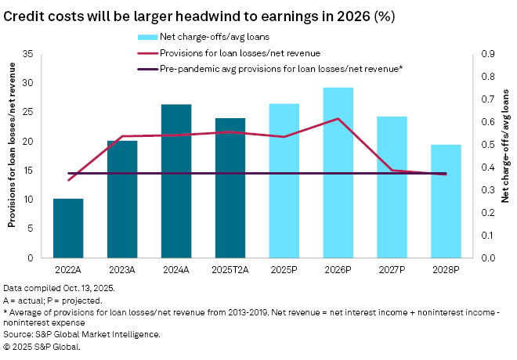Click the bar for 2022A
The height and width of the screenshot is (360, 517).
pos(68,228)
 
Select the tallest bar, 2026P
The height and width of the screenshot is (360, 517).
pos(338,172)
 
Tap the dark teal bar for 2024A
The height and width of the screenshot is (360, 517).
pos(176,181)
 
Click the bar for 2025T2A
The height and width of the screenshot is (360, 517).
pos(230,188)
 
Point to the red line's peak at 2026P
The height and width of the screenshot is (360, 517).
pos(338,119)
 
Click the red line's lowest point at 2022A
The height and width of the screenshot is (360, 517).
pos(68,180)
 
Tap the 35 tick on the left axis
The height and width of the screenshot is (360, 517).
pos(28,54)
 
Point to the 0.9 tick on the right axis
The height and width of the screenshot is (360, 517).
pos(487,54)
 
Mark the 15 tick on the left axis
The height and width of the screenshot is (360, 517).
pos(28,171)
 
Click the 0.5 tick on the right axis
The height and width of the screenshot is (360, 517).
pos(487,145)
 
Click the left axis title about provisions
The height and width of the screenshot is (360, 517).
pos(13,156)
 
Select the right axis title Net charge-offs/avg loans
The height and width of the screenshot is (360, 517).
pos(505,156)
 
